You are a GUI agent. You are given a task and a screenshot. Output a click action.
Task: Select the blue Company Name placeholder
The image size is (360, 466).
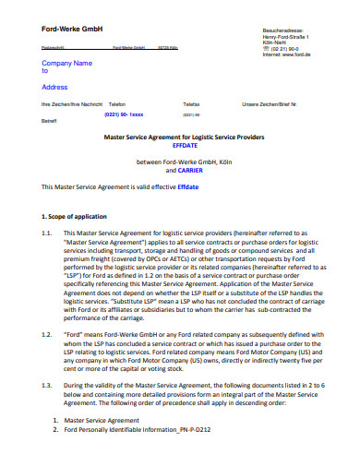pyautogui.click(x=67, y=64)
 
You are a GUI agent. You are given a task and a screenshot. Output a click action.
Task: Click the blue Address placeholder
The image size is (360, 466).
pyautogui.click(x=55, y=87)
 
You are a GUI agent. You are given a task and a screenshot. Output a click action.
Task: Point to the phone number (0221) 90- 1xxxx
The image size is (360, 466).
pyautogui.click(x=126, y=114)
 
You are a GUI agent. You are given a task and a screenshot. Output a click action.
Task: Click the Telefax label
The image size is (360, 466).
pyautogui.click(x=191, y=104)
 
